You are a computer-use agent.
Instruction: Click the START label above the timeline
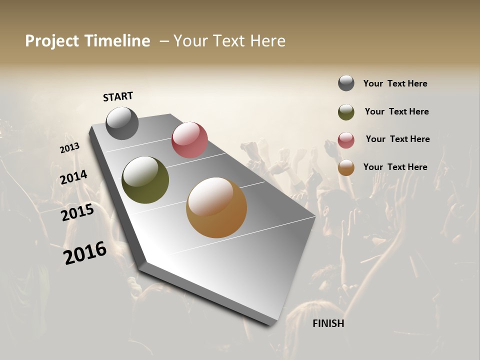[118, 96]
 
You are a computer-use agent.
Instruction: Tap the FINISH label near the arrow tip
[328, 323]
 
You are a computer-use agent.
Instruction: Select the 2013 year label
[69, 148]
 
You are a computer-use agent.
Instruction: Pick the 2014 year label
[73, 177]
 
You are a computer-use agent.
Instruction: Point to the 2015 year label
[77, 212]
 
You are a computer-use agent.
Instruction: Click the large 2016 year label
[85, 253]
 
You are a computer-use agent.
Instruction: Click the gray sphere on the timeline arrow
[122, 123]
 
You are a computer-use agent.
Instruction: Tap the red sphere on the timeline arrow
[189, 140]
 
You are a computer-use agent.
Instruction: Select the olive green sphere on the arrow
[145, 180]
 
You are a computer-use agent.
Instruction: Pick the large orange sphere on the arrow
[216, 207]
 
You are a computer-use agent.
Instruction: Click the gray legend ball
[346, 83]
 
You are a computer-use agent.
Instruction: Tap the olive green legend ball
[346, 112]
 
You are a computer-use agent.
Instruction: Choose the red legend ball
[346, 140]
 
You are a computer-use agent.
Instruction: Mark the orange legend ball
[346, 167]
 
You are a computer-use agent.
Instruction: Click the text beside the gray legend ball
[395, 83]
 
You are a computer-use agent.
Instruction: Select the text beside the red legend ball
[397, 139]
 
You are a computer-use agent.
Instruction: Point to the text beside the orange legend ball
[395, 167]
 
